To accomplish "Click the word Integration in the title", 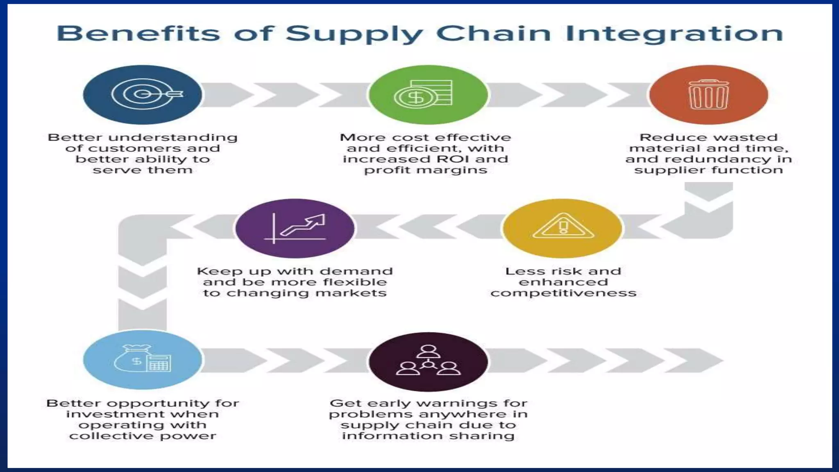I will point(674,34).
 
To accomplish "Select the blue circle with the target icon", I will point(142,95).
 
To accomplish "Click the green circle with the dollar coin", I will point(428,95).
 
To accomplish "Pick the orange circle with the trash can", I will point(708,95).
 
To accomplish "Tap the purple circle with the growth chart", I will point(295,228).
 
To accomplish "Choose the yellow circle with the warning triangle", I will point(563,228).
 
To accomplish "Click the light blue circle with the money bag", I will point(142,360).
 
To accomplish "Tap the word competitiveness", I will point(563,293).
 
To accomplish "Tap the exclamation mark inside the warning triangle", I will point(563,226).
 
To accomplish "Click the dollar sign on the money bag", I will point(136,361).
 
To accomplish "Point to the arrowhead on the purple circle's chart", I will point(318,220).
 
